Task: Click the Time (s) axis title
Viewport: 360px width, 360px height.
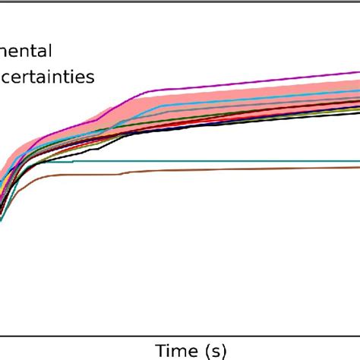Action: click(x=191, y=350)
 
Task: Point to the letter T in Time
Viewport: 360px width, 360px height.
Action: click(x=160, y=350)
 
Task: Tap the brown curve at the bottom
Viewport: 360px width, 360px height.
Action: click(x=228, y=169)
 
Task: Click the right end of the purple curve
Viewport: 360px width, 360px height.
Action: click(x=358, y=74)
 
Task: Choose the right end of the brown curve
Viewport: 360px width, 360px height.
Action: click(x=358, y=166)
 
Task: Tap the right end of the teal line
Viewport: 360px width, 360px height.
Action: click(x=358, y=161)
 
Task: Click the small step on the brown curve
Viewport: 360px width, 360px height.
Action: click(x=122, y=174)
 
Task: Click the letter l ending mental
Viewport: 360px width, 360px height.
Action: click(x=50, y=51)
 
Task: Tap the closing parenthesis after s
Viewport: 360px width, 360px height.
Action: click(x=224, y=350)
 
